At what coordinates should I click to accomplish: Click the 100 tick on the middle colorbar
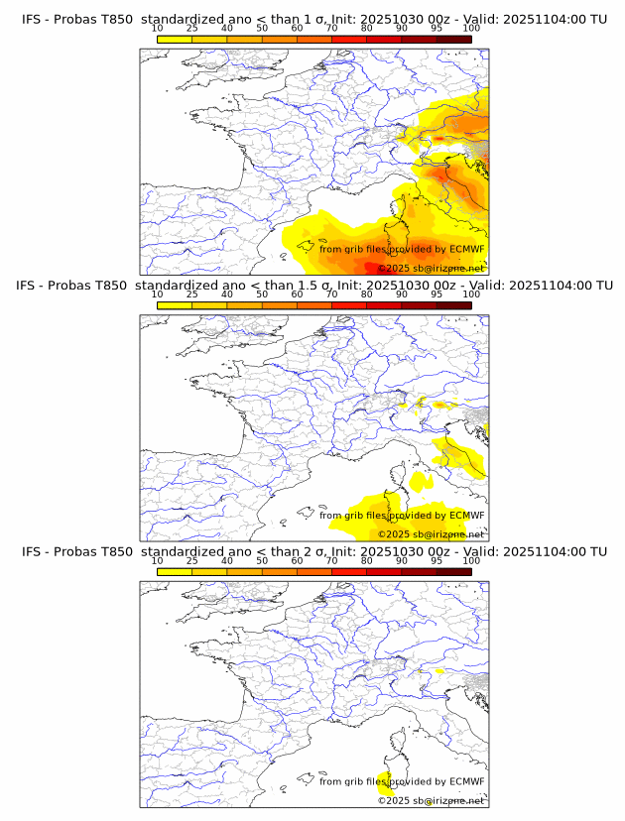coord(471,294)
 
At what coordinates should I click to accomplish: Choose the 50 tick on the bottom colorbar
coord(262,560)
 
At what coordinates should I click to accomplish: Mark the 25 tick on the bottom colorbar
coord(191,560)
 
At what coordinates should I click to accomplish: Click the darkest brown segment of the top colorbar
coord(453,38)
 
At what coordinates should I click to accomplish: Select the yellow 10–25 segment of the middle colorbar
coord(174,304)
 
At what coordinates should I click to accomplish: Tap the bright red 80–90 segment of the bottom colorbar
coord(384,570)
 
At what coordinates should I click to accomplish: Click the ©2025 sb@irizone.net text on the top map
coord(431,268)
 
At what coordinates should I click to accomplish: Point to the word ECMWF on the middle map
coord(466,516)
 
